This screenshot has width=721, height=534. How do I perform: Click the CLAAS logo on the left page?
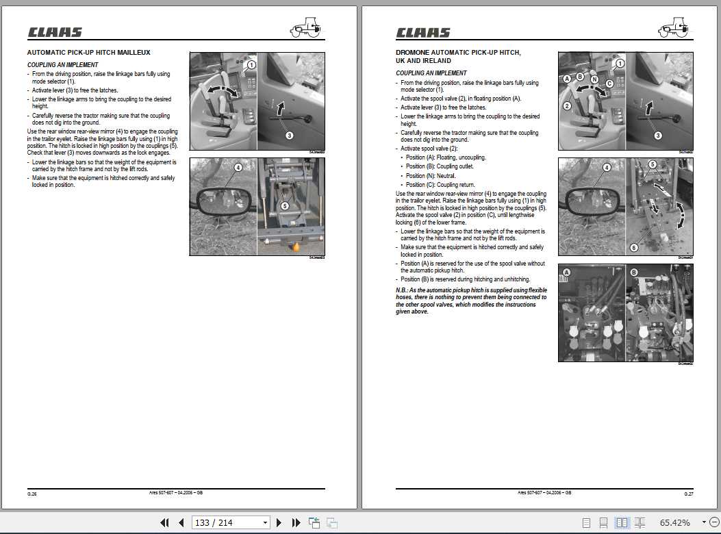[55, 32]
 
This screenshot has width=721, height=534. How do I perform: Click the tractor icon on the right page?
[673, 28]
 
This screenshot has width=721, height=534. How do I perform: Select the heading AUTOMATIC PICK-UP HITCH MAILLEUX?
[88, 52]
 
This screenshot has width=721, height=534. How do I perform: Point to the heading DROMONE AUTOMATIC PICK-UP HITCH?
[458, 52]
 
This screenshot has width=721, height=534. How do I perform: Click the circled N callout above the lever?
[594, 79]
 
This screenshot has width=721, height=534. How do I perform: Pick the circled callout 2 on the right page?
[568, 105]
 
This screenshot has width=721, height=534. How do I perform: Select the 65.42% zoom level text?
[674, 522]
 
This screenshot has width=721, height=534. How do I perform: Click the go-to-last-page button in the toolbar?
[296, 522]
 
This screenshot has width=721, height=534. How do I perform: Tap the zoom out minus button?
[714, 522]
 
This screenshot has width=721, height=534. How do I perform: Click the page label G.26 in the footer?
[32, 494]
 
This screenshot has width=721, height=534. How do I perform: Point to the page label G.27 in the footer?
[688, 494]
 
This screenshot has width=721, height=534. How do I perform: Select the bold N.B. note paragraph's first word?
[402, 290]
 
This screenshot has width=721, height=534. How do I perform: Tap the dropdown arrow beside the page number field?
[266, 522]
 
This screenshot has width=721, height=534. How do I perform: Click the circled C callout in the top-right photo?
[609, 84]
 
